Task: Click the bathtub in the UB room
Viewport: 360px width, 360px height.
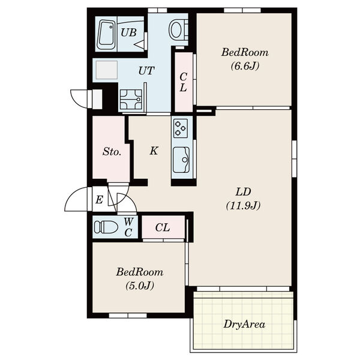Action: coord(106,35)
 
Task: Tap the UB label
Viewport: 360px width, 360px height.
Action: coord(128,32)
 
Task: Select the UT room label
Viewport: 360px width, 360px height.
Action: coord(146,71)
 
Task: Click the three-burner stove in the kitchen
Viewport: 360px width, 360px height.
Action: coord(181,128)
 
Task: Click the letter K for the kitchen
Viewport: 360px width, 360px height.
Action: coord(154,151)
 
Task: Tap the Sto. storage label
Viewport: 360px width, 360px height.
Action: coord(112,152)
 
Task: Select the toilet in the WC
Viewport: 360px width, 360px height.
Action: coord(106,227)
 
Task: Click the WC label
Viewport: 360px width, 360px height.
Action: coord(128,227)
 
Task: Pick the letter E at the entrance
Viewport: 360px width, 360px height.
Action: coord(99,200)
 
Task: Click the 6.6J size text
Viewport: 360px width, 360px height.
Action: coord(245,66)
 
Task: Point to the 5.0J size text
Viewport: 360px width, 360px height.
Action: coord(140,286)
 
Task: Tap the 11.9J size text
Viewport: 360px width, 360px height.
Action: coord(243,205)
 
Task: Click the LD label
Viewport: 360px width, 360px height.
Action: coord(244,192)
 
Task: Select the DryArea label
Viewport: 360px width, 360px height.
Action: coord(244,325)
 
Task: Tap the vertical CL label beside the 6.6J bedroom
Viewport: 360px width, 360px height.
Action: coord(183,82)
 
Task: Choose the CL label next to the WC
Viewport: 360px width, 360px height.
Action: coord(163,227)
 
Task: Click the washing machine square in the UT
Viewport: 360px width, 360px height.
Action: coord(107,70)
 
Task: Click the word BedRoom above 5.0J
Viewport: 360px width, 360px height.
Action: coord(140,272)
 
